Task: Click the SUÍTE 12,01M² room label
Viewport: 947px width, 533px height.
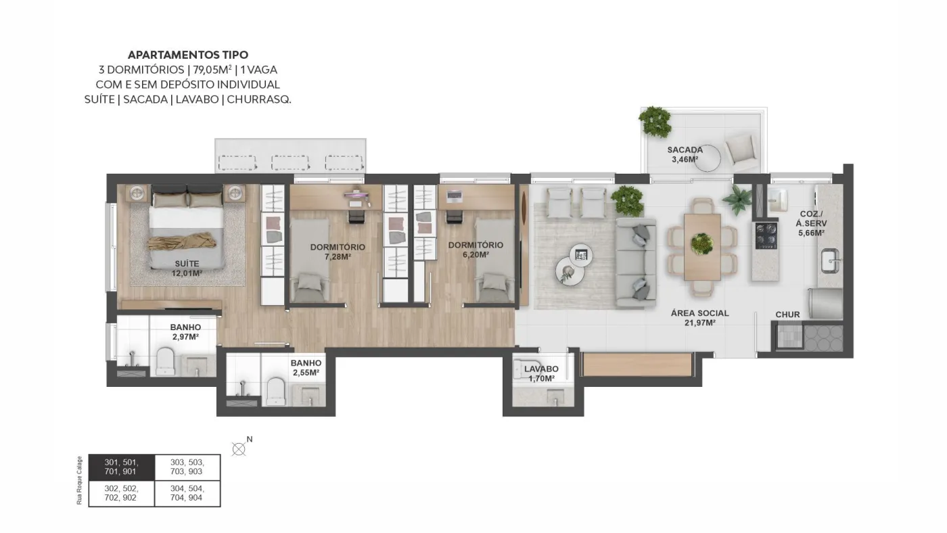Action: [187, 269]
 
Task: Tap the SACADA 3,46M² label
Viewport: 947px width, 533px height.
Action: [685, 154]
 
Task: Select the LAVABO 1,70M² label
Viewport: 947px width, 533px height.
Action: [541, 373]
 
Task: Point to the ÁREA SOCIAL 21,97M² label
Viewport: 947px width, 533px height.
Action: [699, 318]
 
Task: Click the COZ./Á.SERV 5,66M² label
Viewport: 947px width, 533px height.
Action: [812, 223]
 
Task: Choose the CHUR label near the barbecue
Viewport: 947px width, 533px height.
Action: [787, 315]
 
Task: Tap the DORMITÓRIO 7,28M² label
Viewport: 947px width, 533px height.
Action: [338, 252]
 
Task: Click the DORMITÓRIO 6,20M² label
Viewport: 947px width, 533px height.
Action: [476, 250]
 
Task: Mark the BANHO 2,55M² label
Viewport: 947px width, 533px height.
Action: [306, 368]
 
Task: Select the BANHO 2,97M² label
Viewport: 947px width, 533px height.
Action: [185, 332]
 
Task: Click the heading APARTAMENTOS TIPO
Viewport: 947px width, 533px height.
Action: [188, 55]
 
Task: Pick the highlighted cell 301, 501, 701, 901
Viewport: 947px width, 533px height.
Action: [122, 467]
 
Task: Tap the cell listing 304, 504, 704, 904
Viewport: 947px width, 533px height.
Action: [187, 493]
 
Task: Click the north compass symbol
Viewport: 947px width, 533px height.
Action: [239, 449]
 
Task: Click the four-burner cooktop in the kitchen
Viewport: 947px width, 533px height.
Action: [766, 235]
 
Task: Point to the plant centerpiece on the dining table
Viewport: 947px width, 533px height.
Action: [702, 244]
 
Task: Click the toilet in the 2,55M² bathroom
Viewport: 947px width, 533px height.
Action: [276, 391]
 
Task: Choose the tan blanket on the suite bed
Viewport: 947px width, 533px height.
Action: [182, 241]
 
